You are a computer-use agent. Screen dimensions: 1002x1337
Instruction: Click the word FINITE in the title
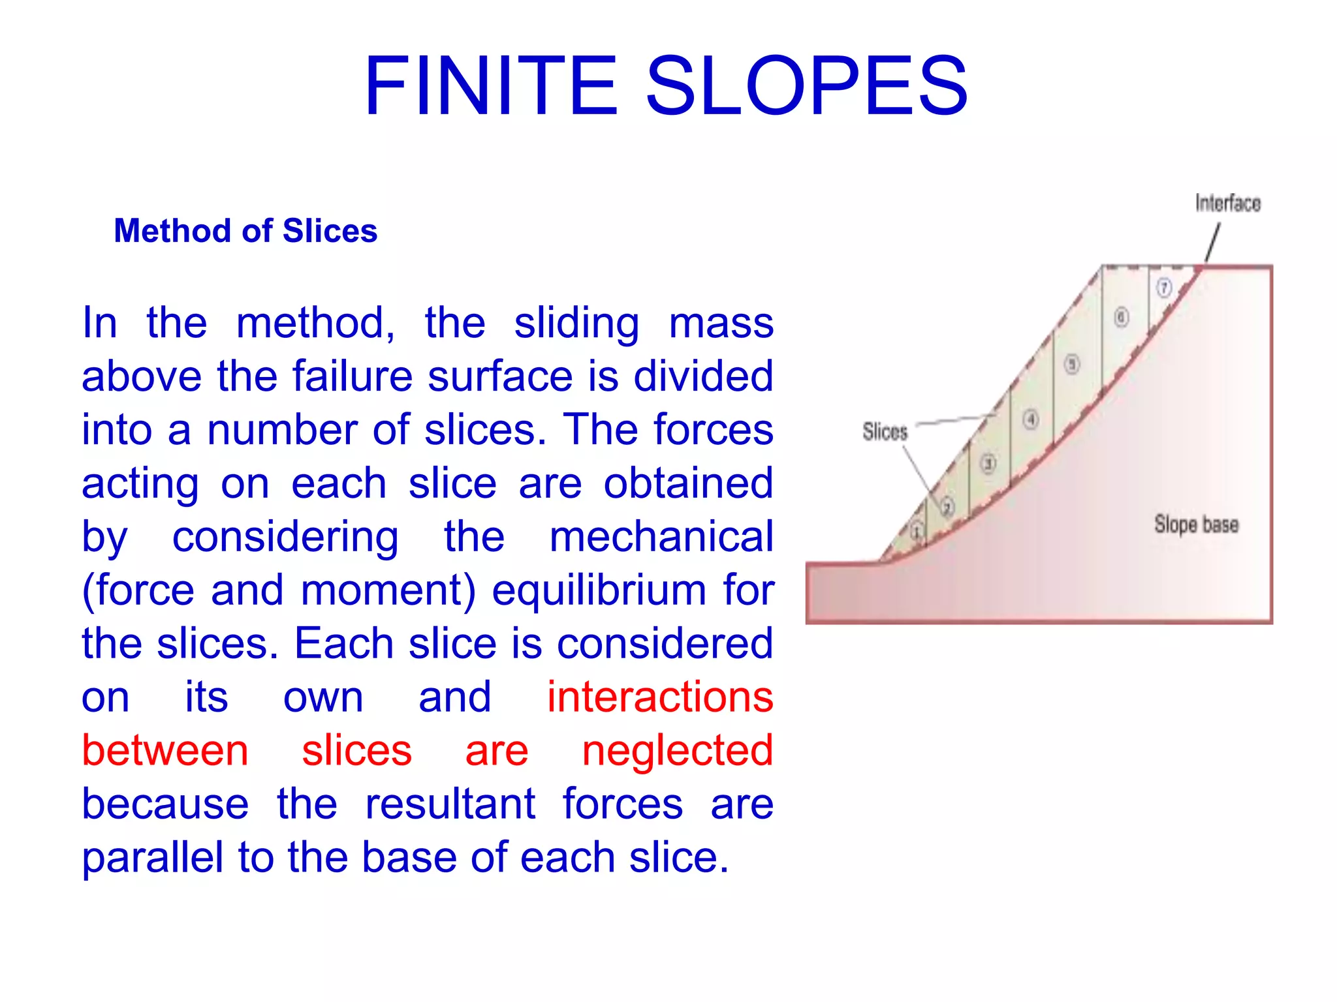coord(490,86)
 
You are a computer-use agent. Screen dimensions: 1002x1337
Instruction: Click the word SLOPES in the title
coord(806,86)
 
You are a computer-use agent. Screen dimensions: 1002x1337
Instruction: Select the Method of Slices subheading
coord(245,231)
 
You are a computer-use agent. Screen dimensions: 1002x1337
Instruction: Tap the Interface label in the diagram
coord(1227,204)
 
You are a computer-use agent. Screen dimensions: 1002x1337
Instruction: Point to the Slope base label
coord(1196,524)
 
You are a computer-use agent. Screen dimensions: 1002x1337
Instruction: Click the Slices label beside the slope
coord(885,431)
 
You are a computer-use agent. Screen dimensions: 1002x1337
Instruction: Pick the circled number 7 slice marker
coord(1164,288)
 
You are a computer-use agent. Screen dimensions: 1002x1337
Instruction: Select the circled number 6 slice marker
coord(1121,318)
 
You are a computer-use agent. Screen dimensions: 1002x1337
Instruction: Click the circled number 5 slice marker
coord(1072,364)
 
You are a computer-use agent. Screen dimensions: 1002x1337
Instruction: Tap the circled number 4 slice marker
coord(1030,419)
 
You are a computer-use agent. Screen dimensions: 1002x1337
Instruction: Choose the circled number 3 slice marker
coord(988,464)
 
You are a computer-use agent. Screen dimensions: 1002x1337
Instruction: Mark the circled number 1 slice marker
coord(917,530)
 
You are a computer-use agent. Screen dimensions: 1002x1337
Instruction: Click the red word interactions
coord(660,697)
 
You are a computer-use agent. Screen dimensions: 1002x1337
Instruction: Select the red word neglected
coord(677,750)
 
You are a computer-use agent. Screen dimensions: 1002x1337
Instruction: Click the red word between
coord(165,750)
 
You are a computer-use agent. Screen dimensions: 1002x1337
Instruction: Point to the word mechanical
coord(661,536)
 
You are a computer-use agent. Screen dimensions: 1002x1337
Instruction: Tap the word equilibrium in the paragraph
coord(599,590)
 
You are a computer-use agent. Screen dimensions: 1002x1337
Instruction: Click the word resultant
coord(450,804)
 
